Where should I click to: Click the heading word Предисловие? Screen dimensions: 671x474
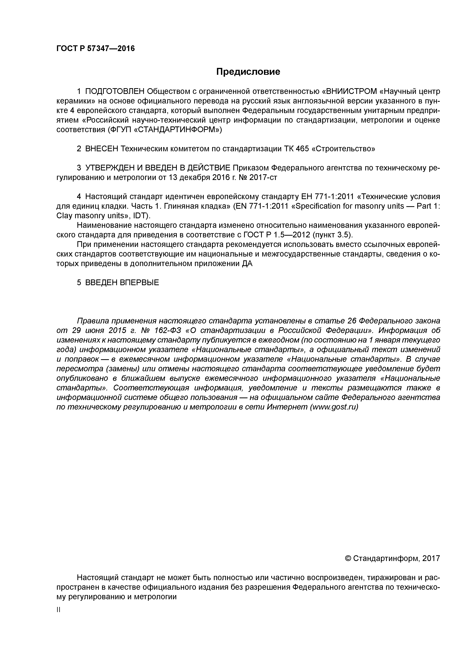point(248,72)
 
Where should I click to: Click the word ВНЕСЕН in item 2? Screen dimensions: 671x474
point(101,149)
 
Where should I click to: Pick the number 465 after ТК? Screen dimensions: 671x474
point(302,149)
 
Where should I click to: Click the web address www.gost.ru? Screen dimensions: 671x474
point(334,407)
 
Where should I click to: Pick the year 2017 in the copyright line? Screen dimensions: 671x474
point(431,559)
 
